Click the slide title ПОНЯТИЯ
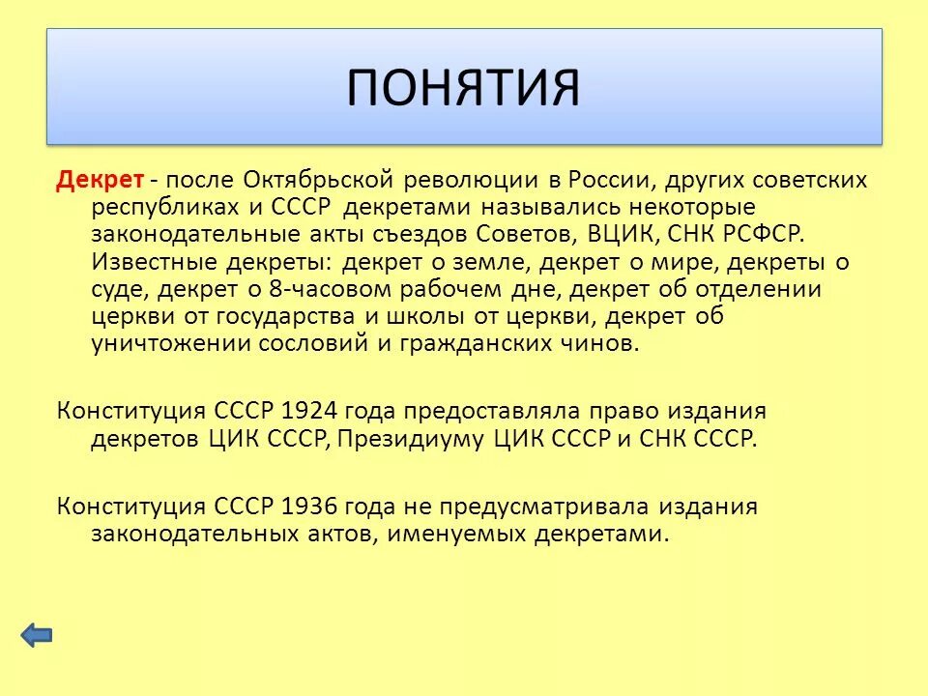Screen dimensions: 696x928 click(x=464, y=87)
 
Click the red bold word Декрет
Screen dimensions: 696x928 click(x=101, y=180)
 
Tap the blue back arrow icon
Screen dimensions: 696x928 click(x=37, y=635)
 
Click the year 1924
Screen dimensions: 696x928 click(x=310, y=410)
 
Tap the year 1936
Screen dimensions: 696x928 click(x=310, y=506)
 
